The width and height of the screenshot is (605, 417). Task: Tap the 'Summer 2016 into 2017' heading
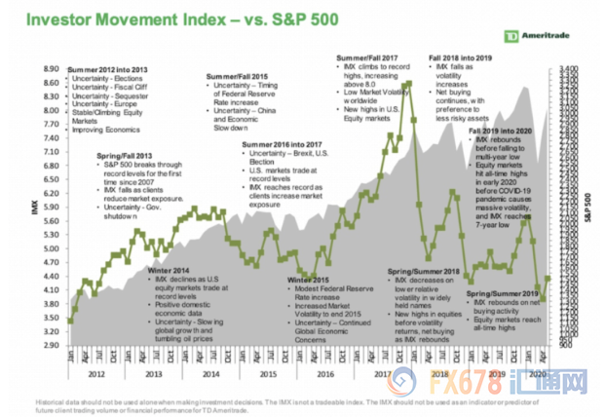tap(288, 146)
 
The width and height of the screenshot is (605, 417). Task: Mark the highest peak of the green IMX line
tap(408, 84)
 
